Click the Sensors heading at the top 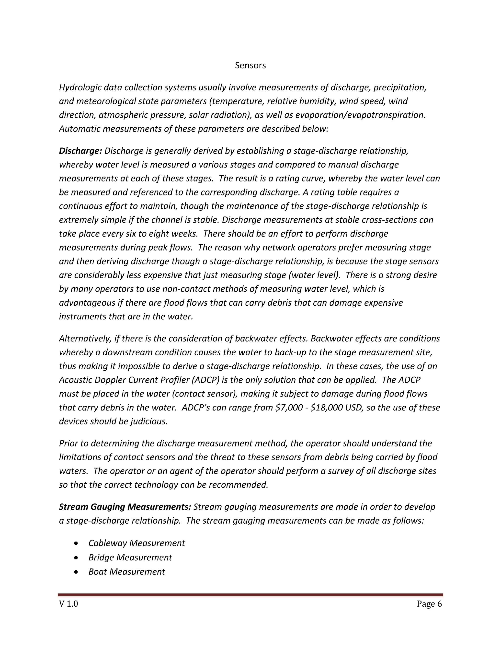pos(250,65)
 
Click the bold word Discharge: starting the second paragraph pos(80,151)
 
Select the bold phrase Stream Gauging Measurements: pos(125,507)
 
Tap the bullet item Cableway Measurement pos(137,543)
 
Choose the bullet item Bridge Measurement pos(130,557)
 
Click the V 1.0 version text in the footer pos(68,604)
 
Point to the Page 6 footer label pos(429,604)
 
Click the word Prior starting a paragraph pos(68,443)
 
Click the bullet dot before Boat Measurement pos(77,572)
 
